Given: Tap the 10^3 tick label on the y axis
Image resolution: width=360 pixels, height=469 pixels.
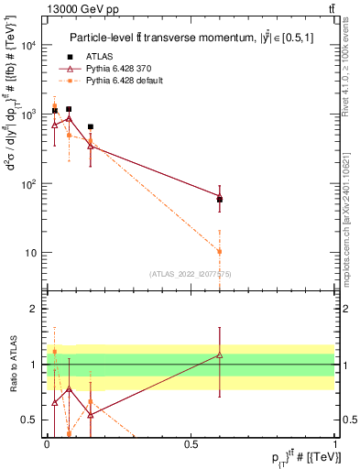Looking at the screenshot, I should pos(29,115).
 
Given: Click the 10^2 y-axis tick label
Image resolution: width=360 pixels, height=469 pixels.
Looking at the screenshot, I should pos(29,183).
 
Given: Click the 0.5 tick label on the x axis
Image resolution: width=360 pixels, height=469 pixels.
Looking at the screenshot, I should pos(191,442).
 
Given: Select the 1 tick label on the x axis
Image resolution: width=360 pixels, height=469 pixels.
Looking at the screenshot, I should pos(335,442).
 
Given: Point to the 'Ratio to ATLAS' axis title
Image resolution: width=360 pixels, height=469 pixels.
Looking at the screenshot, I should pos(12,364).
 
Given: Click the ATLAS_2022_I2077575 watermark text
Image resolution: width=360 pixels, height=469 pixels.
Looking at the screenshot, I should pos(191,274).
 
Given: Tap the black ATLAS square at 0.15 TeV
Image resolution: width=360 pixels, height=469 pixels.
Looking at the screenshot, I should pos(90,127).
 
